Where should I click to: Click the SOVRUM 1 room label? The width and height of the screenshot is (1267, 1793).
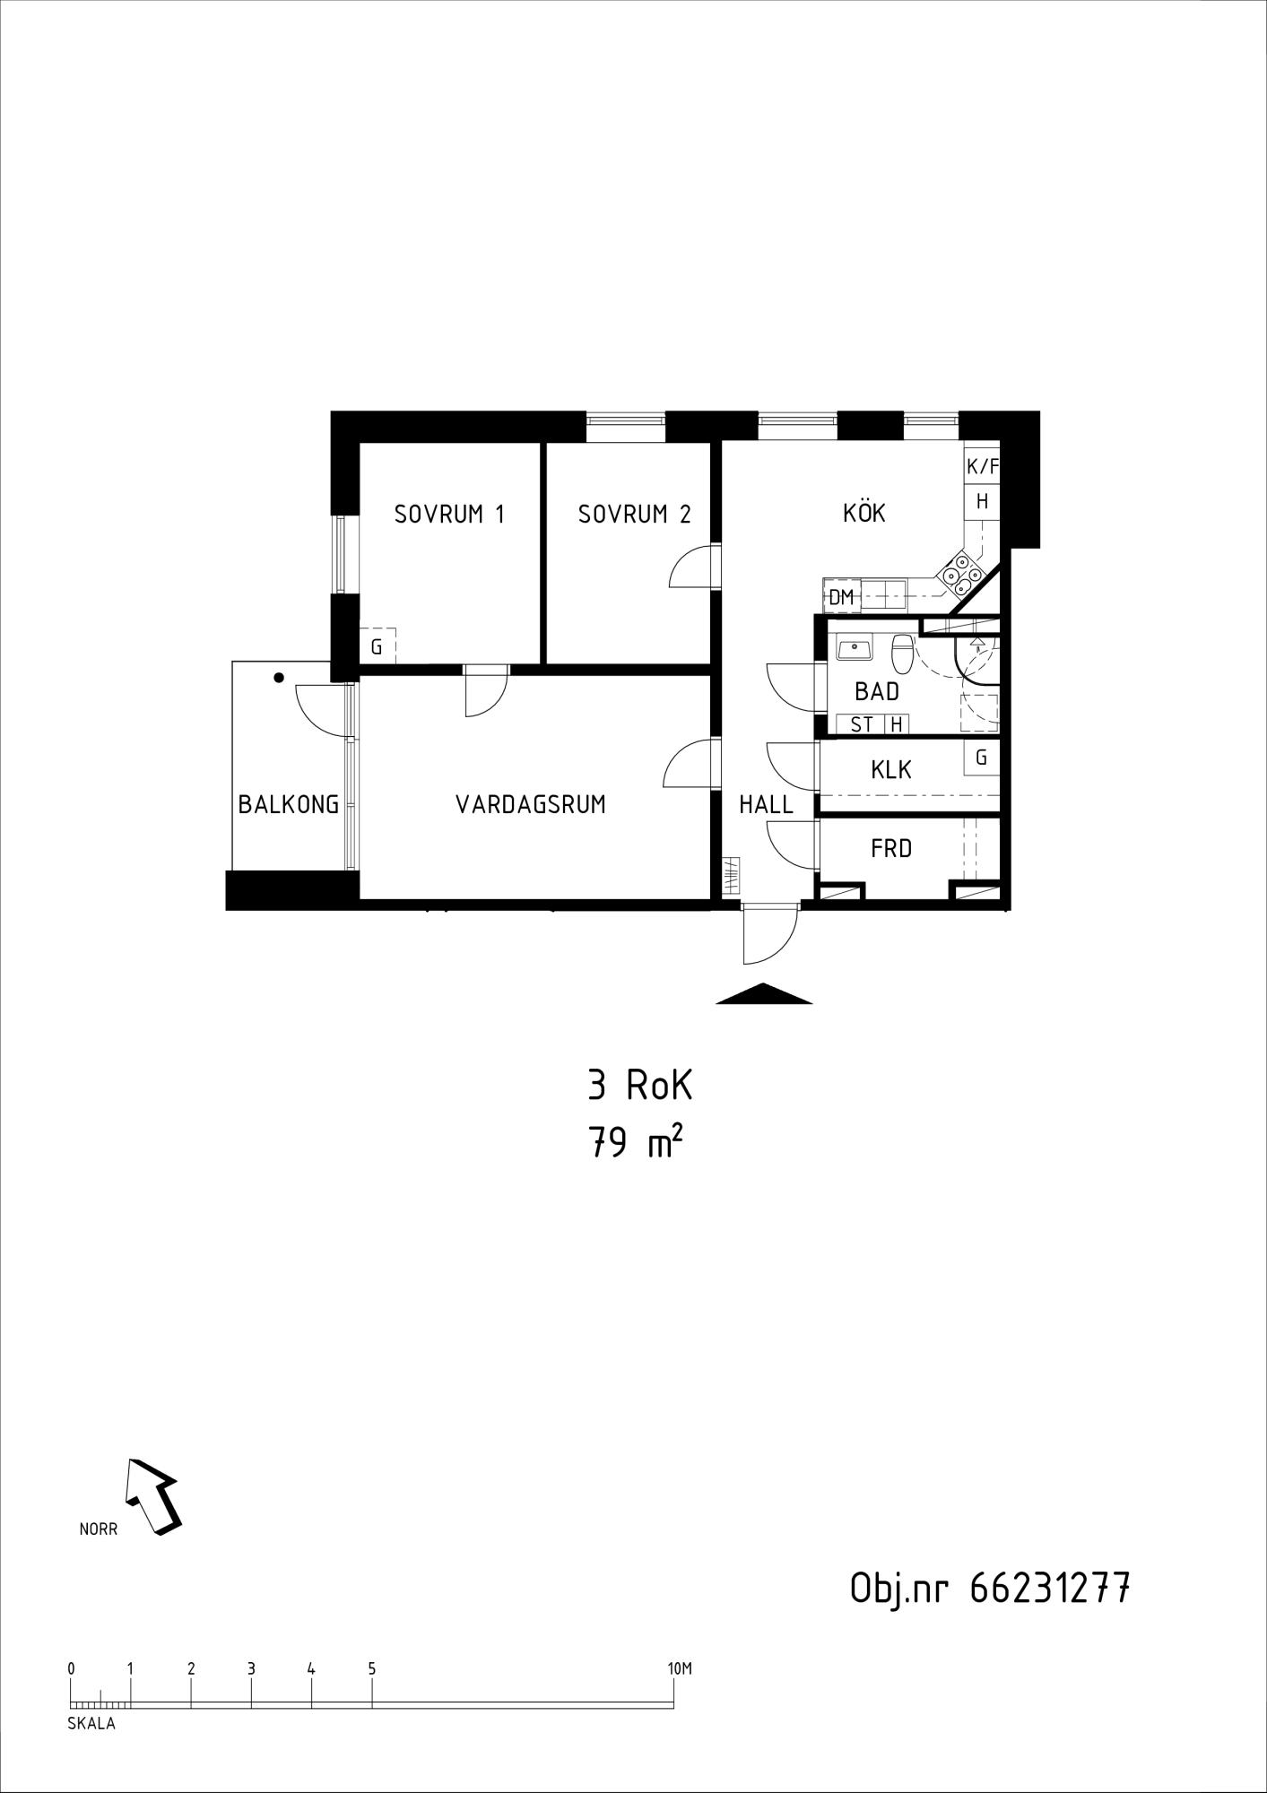click(x=449, y=514)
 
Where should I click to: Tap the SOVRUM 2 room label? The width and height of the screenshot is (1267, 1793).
click(x=634, y=514)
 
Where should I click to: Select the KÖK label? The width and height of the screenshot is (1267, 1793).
click(x=864, y=512)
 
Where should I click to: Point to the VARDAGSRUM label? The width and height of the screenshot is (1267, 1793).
click(x=531, y=804)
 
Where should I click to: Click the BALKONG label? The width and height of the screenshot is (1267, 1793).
click(x=289, y=804)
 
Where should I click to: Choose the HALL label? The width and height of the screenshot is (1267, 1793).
click(x=766, y=804)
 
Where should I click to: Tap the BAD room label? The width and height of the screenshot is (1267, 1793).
click(x=876, y=691)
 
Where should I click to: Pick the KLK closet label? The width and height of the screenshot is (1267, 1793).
click(x=891, y=769)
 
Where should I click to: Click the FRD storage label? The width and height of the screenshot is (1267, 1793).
click(x=890, y=848)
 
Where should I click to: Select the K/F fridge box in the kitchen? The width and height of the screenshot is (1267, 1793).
click(x=982, y=466)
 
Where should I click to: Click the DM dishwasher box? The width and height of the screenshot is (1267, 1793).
click(x=841, y=597)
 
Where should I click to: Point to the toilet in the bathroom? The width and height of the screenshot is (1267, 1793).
click(x=903, y=653)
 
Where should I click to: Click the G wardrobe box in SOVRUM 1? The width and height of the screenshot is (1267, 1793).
click(x=377, y=645)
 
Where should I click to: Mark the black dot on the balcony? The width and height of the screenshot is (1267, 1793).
click(x=279, y=678)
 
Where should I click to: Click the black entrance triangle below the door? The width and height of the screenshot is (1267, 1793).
click(x=764, y=993)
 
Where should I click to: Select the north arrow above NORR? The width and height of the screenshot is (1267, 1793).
click(x=153, y=1496)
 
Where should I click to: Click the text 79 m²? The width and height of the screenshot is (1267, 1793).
click(x=630, y=1143)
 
